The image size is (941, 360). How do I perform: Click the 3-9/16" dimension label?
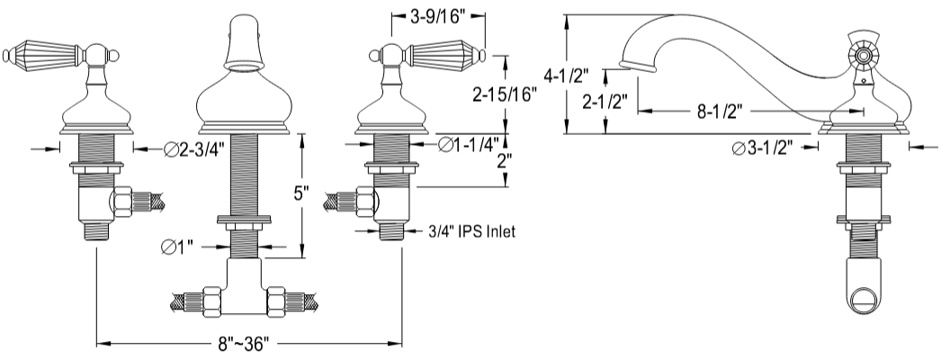click(x=439, y=17)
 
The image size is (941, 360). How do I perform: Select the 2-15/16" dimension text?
click(x=504, y=94)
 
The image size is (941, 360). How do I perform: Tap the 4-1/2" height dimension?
click(x=566, y=76)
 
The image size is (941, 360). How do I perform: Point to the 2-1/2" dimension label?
click(x=605, y=102)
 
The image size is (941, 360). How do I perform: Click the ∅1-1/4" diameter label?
click(x=469, y=145)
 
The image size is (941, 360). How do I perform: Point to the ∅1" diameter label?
click(x=177, y=247)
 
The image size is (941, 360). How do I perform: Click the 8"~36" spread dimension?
click(x=243, y=345)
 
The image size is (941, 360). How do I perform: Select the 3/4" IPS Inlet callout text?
click(x=471, y=231)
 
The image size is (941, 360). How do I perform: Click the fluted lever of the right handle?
click(x=444, y=56)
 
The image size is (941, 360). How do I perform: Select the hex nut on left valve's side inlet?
click(x=121, y=202)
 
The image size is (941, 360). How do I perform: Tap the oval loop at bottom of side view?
click(x=865, y=299)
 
